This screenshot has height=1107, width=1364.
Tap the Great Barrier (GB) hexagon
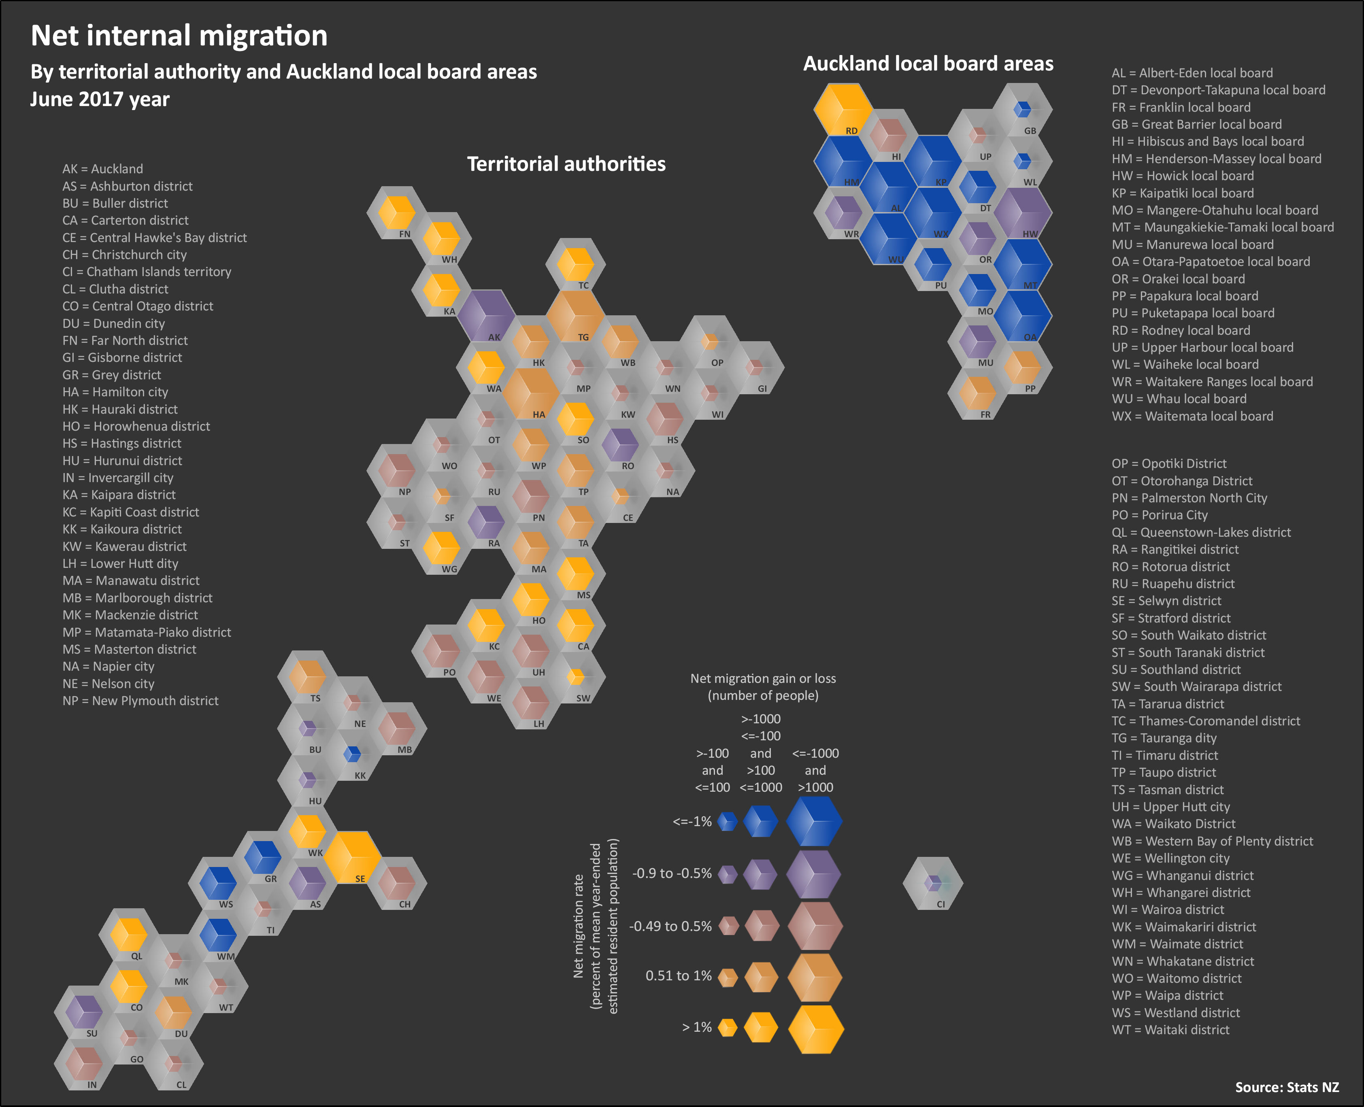pos(1022,110)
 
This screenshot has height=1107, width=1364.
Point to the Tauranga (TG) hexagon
pos(575,314)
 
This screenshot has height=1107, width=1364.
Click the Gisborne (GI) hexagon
pos(754,367)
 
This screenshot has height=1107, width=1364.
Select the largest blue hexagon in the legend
pos(814,821)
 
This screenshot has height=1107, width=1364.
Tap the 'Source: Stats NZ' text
pos(1286,1087)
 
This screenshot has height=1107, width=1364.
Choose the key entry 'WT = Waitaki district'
pos(1170,1029)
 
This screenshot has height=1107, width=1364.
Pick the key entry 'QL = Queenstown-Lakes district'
pos(1201,532)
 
